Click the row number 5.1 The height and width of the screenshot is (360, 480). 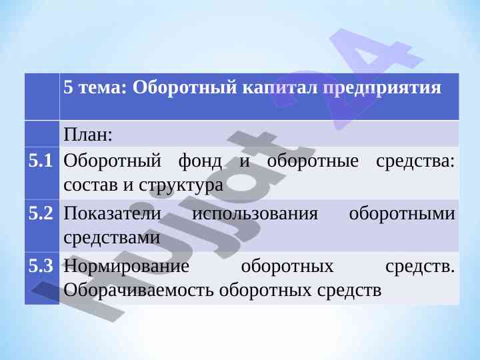(x=41, y=161)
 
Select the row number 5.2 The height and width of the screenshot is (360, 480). (x=41, y=213)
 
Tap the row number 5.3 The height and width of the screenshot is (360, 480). (x=41, y=266)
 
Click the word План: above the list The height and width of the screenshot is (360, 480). (x=88, y=135)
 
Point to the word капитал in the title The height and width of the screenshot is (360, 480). (x=280, y=88)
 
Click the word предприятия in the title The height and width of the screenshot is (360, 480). (x=383, y=88)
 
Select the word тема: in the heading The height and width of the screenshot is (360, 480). (x=103, y=87)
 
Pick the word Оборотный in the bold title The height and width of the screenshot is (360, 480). (x=185, y=88)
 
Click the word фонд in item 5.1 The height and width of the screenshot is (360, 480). (x=200, y=161)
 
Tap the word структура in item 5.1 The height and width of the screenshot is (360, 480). (x=181, y=185)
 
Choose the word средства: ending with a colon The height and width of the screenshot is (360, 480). (x=415, y=161)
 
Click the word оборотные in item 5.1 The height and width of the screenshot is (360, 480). (x=313, y=161)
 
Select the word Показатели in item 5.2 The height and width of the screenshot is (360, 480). (x=112, y=213)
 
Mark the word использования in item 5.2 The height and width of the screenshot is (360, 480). (x=255, y=214)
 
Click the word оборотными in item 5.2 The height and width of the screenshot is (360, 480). (x=402, y=214)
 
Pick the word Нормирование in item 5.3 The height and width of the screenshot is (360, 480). (x=126, y=266)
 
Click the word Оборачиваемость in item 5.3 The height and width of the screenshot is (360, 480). (x=139, y=290)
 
